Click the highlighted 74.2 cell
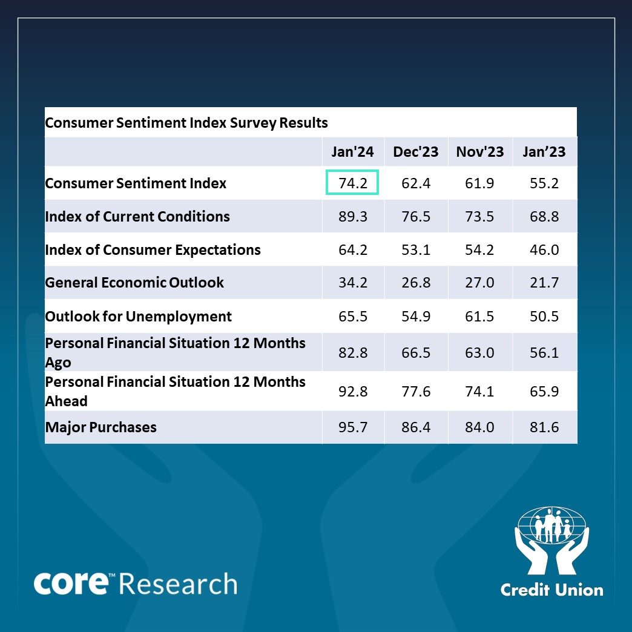pos(353,183)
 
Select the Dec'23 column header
pos(416,151)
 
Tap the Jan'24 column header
pos(353,151)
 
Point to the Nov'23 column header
pos(480,151)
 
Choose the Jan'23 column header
pos(544,151)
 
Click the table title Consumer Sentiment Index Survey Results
pos(186,123)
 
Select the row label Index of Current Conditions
pos(137,216)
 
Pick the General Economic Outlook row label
pos(134,282)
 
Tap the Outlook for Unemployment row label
pos(139,316)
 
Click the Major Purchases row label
pos(101,427)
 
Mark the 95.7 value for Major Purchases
pos(353,427)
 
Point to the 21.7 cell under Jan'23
pos(544,283)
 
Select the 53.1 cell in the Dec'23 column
pos(416,250)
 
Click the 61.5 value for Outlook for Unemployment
pos(480,317)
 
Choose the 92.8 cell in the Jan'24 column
pos(353,392)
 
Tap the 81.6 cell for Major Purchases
pos(544,427)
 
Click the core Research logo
pos(135,583)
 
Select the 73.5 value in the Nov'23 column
pos(480,217)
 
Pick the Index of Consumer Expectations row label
pos(153,249)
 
